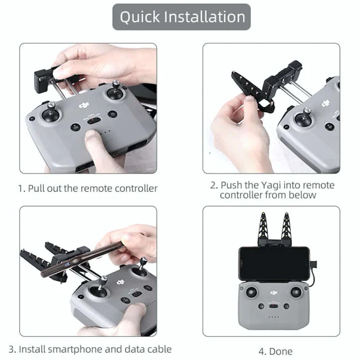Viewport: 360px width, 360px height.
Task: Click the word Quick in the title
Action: coord(140,17)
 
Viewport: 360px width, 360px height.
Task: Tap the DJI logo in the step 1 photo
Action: coord(84,105)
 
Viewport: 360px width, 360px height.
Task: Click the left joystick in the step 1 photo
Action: coord(52,112)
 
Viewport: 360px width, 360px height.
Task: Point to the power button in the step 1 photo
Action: coord(112,114)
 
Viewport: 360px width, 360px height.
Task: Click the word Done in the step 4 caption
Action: coord(281,352)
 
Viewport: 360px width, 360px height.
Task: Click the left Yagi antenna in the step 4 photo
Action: coord(264,229)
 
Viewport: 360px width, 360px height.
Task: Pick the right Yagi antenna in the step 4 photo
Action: coord(286,229)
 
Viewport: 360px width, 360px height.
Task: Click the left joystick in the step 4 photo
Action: coord(252,292)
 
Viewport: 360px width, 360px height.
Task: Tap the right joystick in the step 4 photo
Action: coord(296,292)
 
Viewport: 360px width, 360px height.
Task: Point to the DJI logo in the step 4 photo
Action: coord(274,292)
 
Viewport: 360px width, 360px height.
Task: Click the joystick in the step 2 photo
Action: coord(304,118)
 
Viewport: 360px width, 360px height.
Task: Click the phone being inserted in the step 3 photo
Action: coord(83,259)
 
